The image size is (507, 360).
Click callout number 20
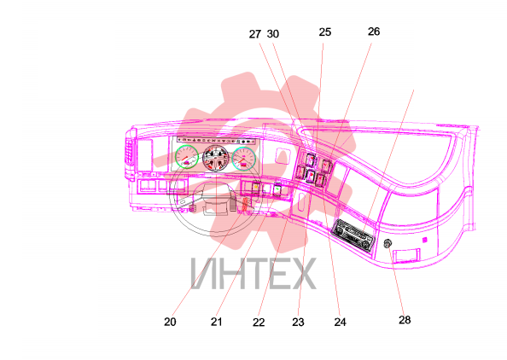tap(170, 322)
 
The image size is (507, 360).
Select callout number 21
tap(216, 322)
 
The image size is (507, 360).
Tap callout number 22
tap(259, 322)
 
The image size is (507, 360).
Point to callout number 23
tap(298, 322)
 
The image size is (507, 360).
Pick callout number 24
tap(341, 322)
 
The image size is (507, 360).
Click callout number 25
tap(325, 32)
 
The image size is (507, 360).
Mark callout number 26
tap(374, 32)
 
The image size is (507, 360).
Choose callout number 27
tap(255, 34)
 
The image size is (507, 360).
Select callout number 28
tap(405, 320)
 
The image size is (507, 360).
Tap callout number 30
tap(273, 33)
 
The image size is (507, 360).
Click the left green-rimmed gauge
tap(187, 157)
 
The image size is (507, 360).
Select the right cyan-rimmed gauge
tap(244, 159)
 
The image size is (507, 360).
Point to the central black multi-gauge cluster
tap(215, 158)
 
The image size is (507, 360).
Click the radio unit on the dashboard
tap(353, 235)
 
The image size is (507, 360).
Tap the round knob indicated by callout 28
tap(388, 243)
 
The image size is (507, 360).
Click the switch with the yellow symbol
tap(256, 189)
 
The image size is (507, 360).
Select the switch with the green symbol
tap(277, 189)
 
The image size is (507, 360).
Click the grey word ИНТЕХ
tap(253, 273)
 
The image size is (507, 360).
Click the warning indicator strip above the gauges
tap(218, 141)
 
